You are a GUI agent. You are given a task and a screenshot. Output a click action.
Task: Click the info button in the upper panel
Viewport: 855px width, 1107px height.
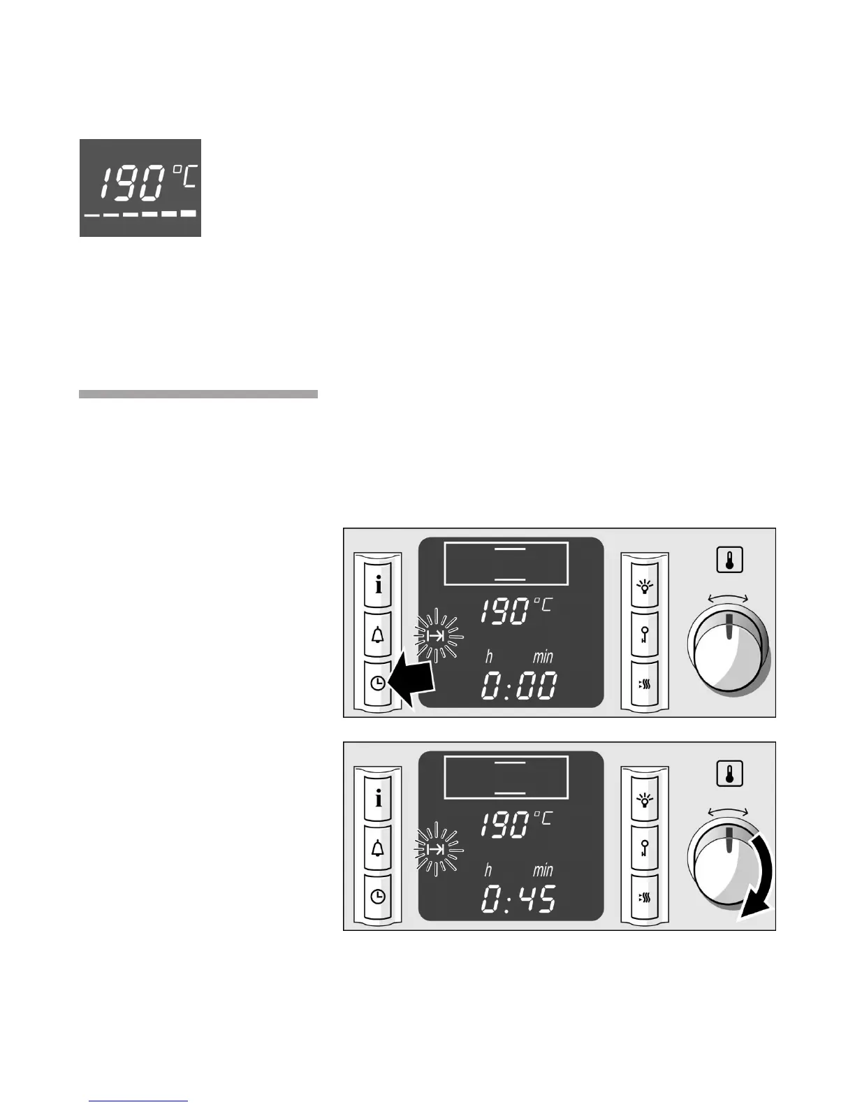click(379, 585)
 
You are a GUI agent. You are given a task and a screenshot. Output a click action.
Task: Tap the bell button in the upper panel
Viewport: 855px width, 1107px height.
click(379, 635)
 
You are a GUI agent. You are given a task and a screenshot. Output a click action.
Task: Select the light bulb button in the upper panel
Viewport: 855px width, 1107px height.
click(644, 586)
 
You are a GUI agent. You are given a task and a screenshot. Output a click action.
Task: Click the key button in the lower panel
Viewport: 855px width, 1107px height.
click(644, 848)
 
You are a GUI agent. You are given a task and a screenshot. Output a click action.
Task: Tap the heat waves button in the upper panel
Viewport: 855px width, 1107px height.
click(644, 684)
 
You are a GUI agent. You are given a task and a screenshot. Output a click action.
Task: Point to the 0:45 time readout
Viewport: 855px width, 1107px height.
click(518, 899)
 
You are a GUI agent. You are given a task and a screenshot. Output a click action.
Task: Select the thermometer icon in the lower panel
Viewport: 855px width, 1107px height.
click(729, 774)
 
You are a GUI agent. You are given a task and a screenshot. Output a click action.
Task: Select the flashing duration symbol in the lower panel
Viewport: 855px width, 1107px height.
click(437, 849)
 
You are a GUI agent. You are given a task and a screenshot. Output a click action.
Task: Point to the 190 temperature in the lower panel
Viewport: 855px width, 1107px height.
click(504, 825)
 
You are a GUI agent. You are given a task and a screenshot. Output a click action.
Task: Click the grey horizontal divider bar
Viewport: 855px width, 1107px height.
click(198, 394)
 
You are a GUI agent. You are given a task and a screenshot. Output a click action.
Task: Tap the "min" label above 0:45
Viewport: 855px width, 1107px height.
click(543, 870)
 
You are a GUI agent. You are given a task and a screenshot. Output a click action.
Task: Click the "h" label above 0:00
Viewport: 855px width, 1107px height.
click(489, 657)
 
